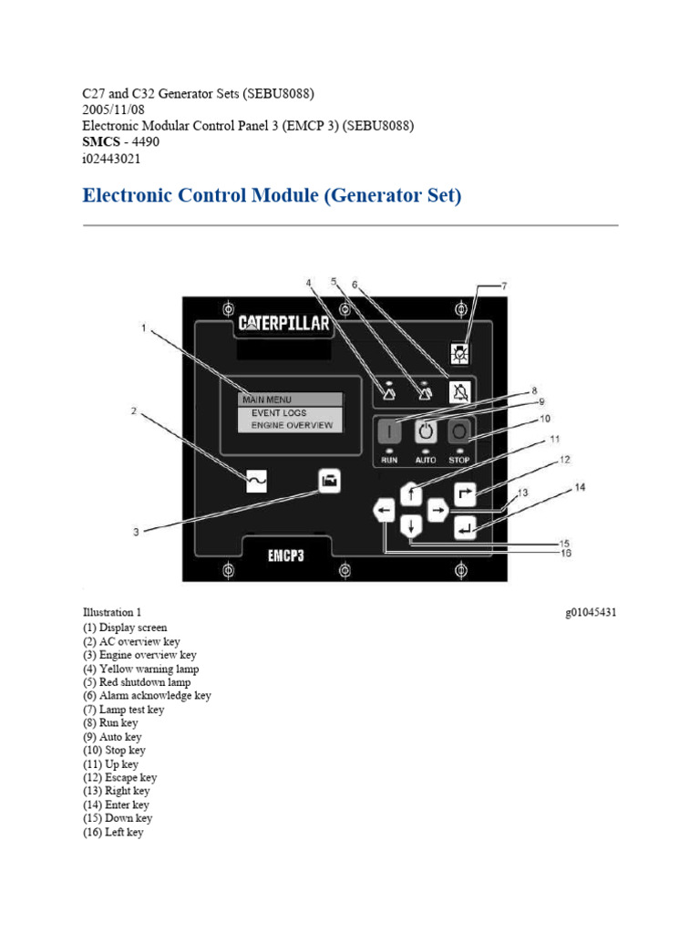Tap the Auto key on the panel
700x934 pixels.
tap(426, 431)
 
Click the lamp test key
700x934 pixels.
tap(462, 353)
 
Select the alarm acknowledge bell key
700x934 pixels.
tap(460, 392)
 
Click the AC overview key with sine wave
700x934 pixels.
tap(257, 480)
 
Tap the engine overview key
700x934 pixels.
tap(328, 480)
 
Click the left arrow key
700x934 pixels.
tap(385, 511)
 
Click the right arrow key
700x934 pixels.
tap(438, 511)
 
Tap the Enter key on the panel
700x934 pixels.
tap(466, 526)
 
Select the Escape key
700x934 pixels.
tap(466, 493)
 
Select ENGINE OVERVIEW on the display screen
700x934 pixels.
tap(292, 425)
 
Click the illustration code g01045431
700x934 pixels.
tap(591, 613)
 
